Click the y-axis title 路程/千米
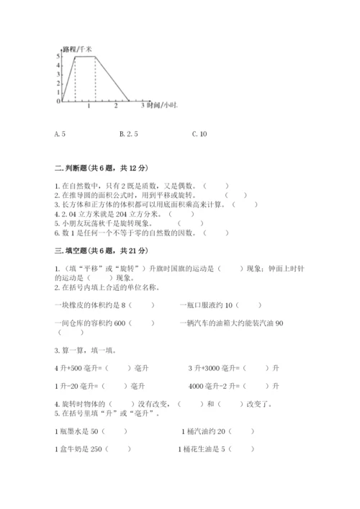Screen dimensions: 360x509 pos(77,48)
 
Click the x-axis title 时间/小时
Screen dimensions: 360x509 pos(161,106)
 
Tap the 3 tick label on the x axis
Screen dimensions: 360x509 pos(142,106)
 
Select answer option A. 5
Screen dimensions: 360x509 pos(60,134)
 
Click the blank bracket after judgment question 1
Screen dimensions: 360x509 pos(215,186)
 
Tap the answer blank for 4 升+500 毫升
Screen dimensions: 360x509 pos(117,368)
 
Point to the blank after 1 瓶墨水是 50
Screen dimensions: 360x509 pos(115,431)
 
